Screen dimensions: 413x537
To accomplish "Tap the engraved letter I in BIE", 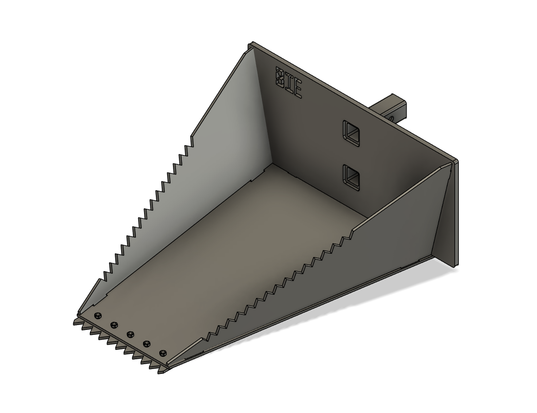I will click(288, 83).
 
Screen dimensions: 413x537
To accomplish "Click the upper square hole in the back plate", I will click(352, 132).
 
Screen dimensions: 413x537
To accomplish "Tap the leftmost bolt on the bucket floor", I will click(98, 315).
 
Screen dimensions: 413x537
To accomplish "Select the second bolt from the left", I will click(114, 324).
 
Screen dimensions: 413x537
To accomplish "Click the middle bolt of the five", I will click(130, 334).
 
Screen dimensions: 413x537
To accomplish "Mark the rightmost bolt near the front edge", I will click(163, 353).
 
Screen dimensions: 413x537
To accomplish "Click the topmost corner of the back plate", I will click(251, 43).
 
